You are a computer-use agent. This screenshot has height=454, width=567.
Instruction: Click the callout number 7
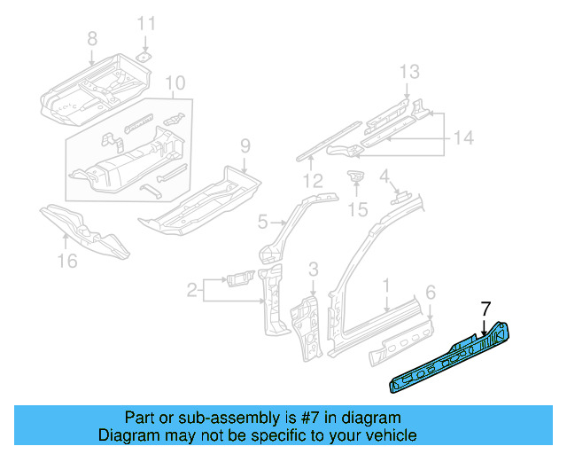tap(485, 309)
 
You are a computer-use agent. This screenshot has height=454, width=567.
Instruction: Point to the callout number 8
tap(91, 38)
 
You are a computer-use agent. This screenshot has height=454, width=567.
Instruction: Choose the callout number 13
tap(407, 72)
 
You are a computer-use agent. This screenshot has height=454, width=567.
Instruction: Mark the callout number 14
tap(463, 137)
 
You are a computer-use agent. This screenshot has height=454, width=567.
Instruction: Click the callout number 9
tap(245, 145)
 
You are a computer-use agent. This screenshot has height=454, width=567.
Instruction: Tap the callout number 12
tap(311, 181)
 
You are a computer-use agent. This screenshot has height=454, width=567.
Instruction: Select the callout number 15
tap(357, 209)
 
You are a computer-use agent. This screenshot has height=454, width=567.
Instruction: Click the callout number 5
tap(262, 221)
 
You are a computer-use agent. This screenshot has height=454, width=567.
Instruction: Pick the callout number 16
tap(67, 260)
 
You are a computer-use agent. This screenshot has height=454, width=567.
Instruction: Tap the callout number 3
tap(313, 269)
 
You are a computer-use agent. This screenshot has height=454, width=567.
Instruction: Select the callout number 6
tap(431, 292)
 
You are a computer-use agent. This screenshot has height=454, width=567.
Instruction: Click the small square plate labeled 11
tap(145, 55)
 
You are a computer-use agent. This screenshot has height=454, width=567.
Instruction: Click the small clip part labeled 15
tap(356, 177)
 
